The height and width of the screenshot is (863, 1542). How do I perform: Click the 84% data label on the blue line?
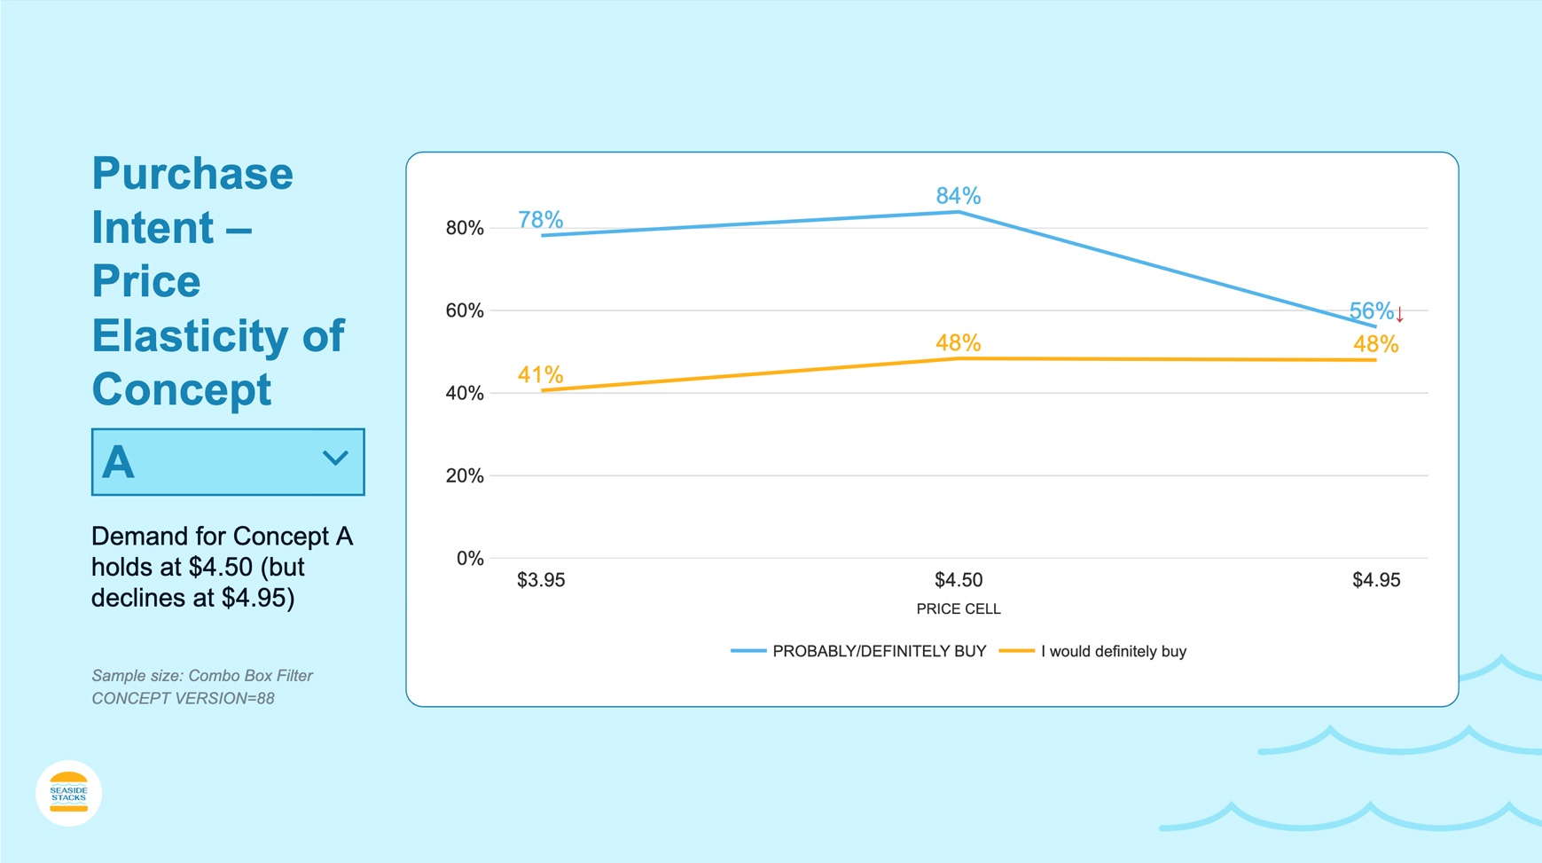958,195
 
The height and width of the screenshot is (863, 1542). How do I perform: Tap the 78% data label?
540,219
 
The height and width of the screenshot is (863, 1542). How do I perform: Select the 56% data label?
1370,311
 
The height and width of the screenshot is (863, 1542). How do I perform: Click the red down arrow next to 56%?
1399,315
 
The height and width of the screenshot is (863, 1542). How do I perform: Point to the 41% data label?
540,374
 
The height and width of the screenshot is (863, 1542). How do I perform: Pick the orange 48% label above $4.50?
958,342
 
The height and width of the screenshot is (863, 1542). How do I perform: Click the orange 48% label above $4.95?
1375,344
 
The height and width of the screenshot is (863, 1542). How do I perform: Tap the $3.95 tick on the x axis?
540,580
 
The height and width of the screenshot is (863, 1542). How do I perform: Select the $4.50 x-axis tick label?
958,580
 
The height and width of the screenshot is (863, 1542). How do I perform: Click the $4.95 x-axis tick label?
1375,580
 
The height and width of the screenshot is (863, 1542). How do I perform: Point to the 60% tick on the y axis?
464,310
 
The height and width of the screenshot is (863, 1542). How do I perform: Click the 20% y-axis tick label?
464,475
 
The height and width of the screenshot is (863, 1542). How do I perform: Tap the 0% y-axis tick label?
469,558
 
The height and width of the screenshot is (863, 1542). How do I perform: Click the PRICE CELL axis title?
958,609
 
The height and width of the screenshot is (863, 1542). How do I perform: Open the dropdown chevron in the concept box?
334,459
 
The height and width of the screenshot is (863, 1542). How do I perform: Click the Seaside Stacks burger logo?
68,793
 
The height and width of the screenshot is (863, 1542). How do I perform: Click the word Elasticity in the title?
189,335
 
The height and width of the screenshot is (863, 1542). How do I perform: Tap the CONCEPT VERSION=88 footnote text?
183,698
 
